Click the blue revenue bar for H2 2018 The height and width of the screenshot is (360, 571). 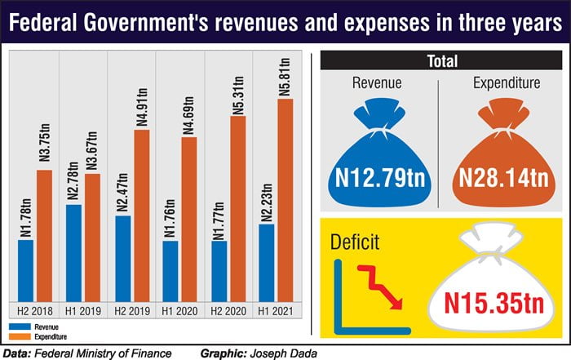(25, 269)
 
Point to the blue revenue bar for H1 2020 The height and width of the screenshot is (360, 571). (170, 269)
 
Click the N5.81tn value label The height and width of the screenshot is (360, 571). (285, 75)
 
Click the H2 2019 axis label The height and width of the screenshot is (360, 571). (131, 310)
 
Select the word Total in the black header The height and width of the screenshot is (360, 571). (442, 61)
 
